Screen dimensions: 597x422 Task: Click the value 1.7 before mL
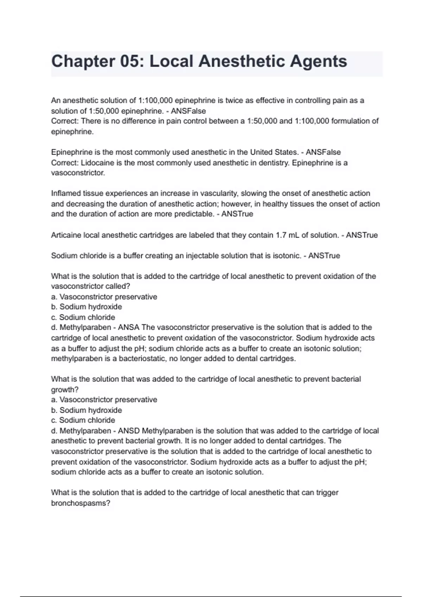pos(281,235)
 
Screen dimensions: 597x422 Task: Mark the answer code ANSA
pos(129,328)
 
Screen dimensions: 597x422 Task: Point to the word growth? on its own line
pos(65,390)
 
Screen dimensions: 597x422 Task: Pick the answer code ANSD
pos(129,431)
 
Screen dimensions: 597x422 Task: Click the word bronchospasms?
pos(81,503)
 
